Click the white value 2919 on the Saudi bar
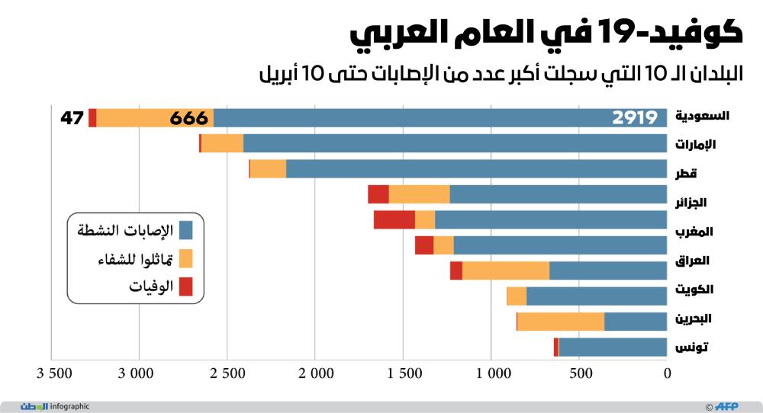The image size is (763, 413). pyautogui.click(x=635, y=118)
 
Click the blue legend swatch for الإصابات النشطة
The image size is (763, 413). pyautogui.click(x=185, y=229)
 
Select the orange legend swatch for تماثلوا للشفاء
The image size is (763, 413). pyautogui.click(x=185, y=258)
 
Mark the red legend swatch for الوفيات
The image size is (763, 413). pyautogui.click(x=185, y=287)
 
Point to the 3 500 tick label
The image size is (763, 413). pyautogui.click(x=51, y=373)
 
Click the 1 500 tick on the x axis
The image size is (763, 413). pyautogui.click(x=403, y=373)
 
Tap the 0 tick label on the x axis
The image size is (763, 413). pyautogui.click(x=667, y=373)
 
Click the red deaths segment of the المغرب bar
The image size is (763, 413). pyautogui.click(x=394, y=220)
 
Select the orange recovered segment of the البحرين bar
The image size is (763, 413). pyautogui.click(x=561, y=322)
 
